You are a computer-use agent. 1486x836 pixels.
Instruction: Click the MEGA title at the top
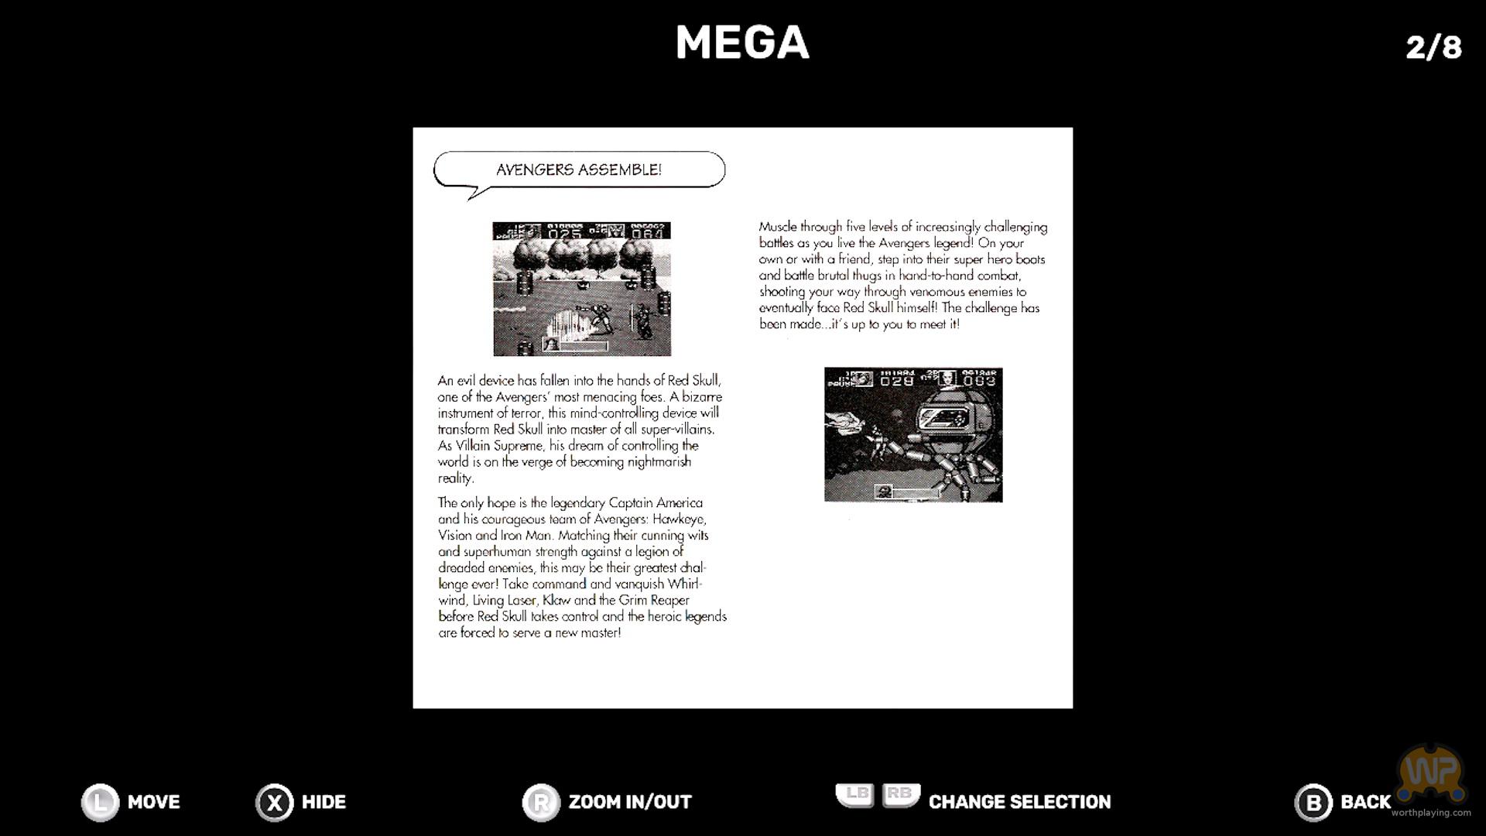click(x=742, y=43)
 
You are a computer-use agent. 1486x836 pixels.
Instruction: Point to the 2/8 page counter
click(x=1433, y=47)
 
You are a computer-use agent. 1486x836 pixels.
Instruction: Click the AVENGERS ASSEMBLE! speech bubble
click(x=579, y=170)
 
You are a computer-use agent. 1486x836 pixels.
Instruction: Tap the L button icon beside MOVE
click(x=101, y=802)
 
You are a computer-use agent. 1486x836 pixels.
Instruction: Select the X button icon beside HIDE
click(x=275, y=803)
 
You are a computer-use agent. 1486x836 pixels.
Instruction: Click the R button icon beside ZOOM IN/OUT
click(x=541, y=803)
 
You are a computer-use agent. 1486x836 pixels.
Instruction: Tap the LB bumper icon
click(x=856, y=795)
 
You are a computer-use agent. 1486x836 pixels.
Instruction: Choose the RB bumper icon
click(x=900, y=795)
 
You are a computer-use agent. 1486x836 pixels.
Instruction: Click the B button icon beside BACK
click(x=1313, y=803)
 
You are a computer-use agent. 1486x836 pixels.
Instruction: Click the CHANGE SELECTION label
click(x=1019, y=802)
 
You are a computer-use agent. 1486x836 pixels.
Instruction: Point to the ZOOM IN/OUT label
click(x=630, y=802)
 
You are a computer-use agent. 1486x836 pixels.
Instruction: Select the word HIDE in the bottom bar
click(x=324, y=802)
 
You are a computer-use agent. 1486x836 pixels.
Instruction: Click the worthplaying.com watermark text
click(x=1430, y=813)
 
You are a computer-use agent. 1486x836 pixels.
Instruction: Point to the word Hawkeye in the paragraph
click(x=679, y=519)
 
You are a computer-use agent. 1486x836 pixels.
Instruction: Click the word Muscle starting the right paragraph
click(x=777, y=227)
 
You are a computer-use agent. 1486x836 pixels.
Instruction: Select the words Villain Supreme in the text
click(x=499, y=446)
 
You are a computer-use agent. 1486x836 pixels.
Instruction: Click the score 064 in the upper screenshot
click(x=648, y=233)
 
